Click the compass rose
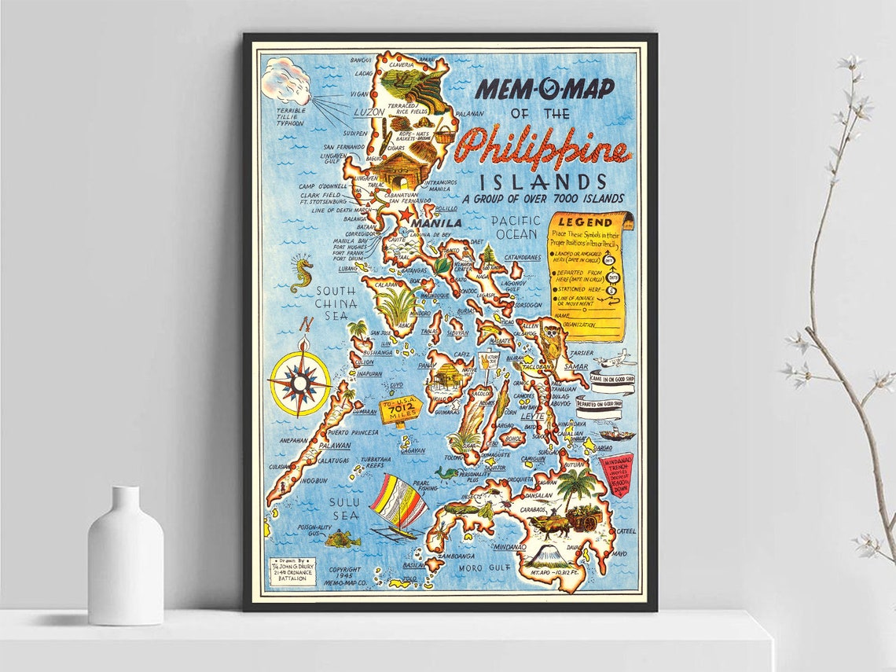point(299,383)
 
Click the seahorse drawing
point(301,273)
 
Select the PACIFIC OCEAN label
point(516,227)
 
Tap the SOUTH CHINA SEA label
point(336,302)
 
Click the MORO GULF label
point(482,567)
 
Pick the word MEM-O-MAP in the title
point(545,88)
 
